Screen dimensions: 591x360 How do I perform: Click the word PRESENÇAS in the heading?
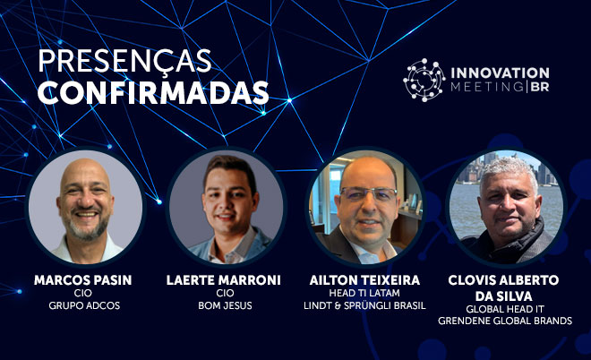pyautogui.click(x=124, y=62)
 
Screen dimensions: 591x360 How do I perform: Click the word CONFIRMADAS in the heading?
pyautogui.click(x=153, y=93)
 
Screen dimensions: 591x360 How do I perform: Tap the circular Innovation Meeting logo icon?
pyautogui.click(x=424, y=80)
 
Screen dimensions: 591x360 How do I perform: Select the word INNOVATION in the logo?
pyautogui.click(x=500, y=73)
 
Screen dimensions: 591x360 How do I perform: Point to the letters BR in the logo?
pyautogui.click(x=540, y=87)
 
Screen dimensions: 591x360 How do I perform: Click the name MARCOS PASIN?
pyautogui.click(x=83, y=280)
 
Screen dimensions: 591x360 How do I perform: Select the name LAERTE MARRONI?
pyautogui.click(x=224, y=280)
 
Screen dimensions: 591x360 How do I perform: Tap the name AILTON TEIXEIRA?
pyautogui.click(x=364, y=280)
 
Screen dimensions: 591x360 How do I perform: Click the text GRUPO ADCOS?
pyautogui.click(x=84, y=305)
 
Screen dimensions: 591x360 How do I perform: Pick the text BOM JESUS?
pyautogui.click(x=225, y=305)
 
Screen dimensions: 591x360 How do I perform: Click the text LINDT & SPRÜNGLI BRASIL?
pyautogui.click(x=364, y=305)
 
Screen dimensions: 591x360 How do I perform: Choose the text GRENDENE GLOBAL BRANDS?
pyautogui.click(x=505, y=321)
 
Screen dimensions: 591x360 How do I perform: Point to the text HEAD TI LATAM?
pyautogui.click(x=364, y=293)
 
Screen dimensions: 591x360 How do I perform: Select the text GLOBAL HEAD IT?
pyautogui.click(x=505, y=309)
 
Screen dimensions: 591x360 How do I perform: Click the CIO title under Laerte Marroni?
pyautogui.click(x=225, y=293)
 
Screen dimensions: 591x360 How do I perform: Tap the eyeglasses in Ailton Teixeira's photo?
pyautogui.click(x=368, y=193)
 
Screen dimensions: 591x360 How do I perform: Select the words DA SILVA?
pyautogui.click(x=503, y=296)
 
